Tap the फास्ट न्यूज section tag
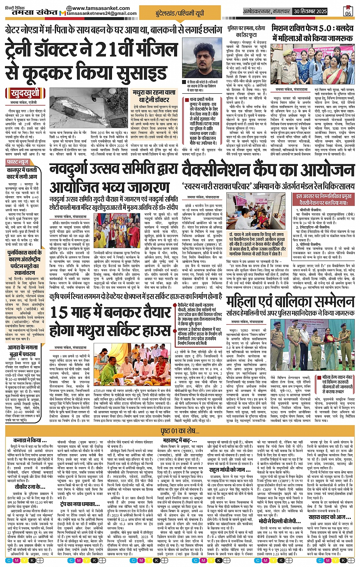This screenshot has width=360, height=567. pyautogui.click(x=18, y=162)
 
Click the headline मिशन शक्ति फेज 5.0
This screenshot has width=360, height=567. pyautogui.click(x=312, y=33)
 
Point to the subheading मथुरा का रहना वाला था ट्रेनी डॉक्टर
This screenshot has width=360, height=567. pyautogui.click(x=154, y=96)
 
